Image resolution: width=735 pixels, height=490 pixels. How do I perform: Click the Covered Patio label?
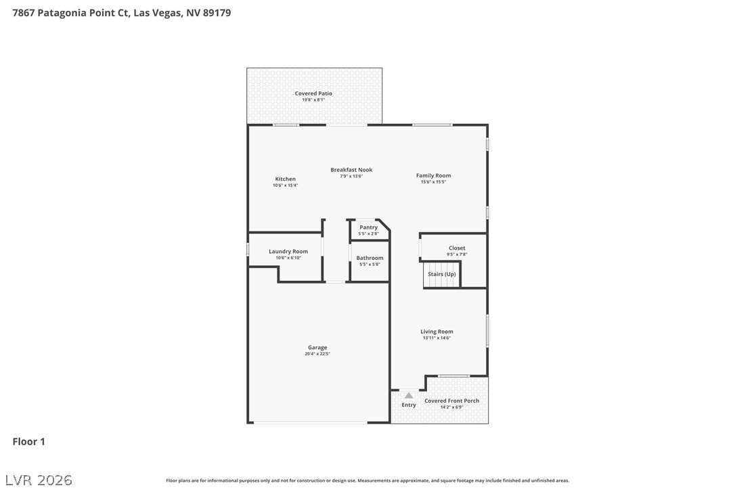(x=313, y=93)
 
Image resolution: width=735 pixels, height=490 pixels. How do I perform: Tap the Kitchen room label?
(x=285, y=179)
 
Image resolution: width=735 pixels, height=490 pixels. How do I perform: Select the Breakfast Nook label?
(x=351, y=170)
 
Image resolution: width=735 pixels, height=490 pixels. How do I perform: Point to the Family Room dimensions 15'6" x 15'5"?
(x=433, y=182)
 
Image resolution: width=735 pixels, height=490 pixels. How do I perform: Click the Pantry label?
(x=368, y=227)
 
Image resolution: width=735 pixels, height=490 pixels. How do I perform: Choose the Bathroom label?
(x=370, y=258)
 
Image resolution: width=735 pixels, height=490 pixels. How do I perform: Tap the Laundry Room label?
(x=288, y=251)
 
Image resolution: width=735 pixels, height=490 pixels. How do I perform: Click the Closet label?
(x=457, y=248)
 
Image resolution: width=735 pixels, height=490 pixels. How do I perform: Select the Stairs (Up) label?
(x=441, y=274)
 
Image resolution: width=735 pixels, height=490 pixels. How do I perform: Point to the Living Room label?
(x=437, y=332)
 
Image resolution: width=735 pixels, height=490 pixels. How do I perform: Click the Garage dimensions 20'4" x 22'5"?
(x=317, y=354)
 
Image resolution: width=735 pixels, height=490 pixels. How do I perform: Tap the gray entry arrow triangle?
(x=409, y=395)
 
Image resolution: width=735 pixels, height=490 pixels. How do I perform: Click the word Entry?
(x=409, y=405)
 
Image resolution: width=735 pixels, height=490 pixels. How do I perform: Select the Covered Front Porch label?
(x=451, y=401)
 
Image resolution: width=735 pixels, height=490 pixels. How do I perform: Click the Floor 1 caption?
(x=28, y=441)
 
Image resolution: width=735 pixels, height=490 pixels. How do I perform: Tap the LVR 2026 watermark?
(x=39, y=480)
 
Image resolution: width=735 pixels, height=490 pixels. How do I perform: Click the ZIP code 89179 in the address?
(x=217, y=13)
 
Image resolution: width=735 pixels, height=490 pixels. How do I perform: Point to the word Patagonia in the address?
(x=62, y=13)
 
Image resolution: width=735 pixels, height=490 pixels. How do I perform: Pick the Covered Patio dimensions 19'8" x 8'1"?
(x=313, y=100)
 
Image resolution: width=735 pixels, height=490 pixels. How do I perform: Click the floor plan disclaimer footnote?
(x=367, y=481)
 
